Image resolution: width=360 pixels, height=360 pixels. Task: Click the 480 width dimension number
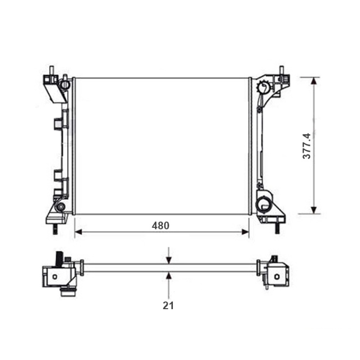pos(161,226)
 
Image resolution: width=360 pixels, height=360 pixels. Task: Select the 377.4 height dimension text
pos(307,146)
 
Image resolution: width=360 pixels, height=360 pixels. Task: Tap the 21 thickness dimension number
pos(168,306)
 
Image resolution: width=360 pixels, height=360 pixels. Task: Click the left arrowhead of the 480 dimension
pos(78,232)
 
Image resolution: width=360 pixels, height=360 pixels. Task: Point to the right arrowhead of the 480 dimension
pos(245,232)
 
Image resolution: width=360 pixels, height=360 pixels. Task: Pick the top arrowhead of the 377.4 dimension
pos(314,81)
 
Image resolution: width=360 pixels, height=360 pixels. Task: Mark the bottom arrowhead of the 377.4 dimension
pos(314,210)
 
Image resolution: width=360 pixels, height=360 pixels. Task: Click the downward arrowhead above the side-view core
pos(169,261)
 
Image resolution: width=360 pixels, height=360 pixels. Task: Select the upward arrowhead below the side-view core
pos(169,276)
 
